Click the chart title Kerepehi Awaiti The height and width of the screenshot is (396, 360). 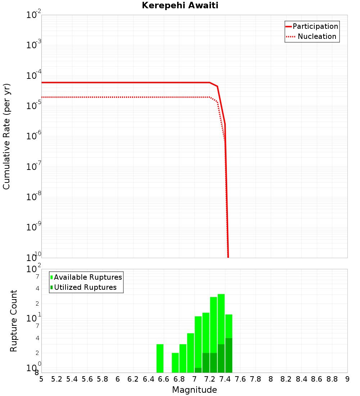(x=180, y=5)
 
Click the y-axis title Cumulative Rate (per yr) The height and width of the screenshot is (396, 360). (x=6, y=136)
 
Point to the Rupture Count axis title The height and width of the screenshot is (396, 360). (x=14, y=321)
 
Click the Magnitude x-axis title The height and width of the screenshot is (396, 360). (x=194, y=390)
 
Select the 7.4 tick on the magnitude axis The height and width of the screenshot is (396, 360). (x=225, y=379)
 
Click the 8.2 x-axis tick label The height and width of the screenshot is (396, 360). (x=286, y=379)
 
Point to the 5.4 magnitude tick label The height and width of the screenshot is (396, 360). (x=72, y=379)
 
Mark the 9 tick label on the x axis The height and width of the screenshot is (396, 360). (x=347, y=379)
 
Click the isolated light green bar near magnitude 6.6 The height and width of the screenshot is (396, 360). (x=160, y=358)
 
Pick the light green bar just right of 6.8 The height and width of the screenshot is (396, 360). (x=183, y=358)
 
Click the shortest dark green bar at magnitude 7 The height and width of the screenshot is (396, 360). (x=198, y=370)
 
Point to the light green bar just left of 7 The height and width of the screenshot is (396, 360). (x=190, y=353)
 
